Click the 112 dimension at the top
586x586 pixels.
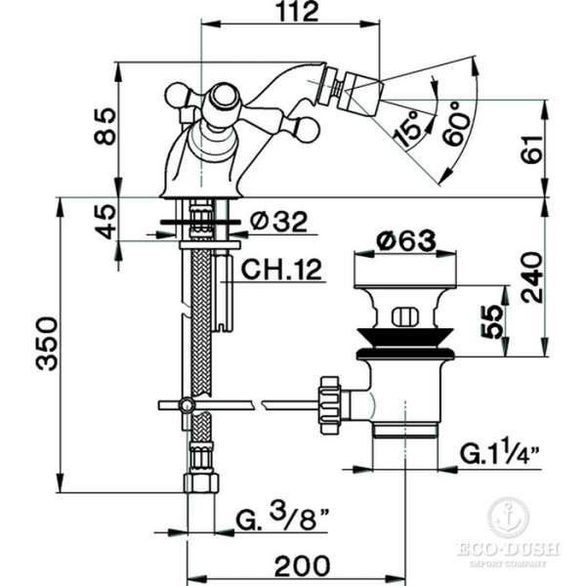click(299, 12)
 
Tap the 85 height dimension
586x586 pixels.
click(105, 126)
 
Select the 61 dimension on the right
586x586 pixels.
click(531, 148)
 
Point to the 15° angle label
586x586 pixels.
click(407, 129)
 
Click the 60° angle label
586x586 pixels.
click(456, 123)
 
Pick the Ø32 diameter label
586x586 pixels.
click(278, 222)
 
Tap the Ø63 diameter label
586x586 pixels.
click(406, 240)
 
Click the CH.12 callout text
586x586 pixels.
click(281, 270)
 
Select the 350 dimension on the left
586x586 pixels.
click(48, 344)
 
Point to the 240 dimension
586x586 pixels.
click(531, 277)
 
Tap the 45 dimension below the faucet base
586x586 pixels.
click(105, 222)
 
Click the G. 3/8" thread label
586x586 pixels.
click(283, 517)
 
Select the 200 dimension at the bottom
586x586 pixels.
click(303, 565)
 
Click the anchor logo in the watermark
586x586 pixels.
click(508, 518)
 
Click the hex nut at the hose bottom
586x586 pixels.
click(201, 482)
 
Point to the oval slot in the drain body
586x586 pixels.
click(404, 317)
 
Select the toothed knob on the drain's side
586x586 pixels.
click(329, 405)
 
